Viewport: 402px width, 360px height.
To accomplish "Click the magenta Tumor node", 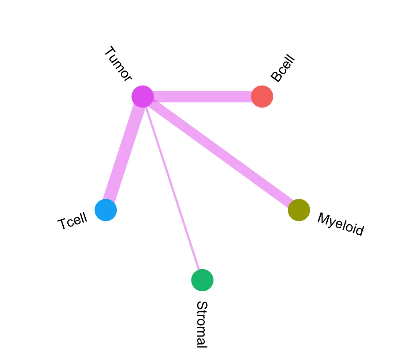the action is pos(142,97).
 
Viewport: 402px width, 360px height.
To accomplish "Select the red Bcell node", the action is pos(262,97).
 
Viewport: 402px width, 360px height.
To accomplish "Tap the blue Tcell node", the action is pos(106,210).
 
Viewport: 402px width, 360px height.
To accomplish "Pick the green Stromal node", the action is pos(202,280).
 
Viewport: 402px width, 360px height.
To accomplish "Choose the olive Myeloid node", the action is pos(299,210).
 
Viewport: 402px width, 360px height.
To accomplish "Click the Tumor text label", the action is pos(118,64).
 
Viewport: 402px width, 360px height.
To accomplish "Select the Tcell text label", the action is pos(72,221).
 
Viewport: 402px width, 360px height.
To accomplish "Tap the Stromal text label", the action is pos(202,324).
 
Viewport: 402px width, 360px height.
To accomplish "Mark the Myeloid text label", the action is pos(340,224).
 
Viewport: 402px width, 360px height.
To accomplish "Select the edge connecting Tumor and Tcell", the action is pos(124,154).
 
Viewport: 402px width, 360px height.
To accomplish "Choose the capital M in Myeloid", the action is pos(324,218).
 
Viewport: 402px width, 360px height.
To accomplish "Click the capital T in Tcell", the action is pos(63,224).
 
